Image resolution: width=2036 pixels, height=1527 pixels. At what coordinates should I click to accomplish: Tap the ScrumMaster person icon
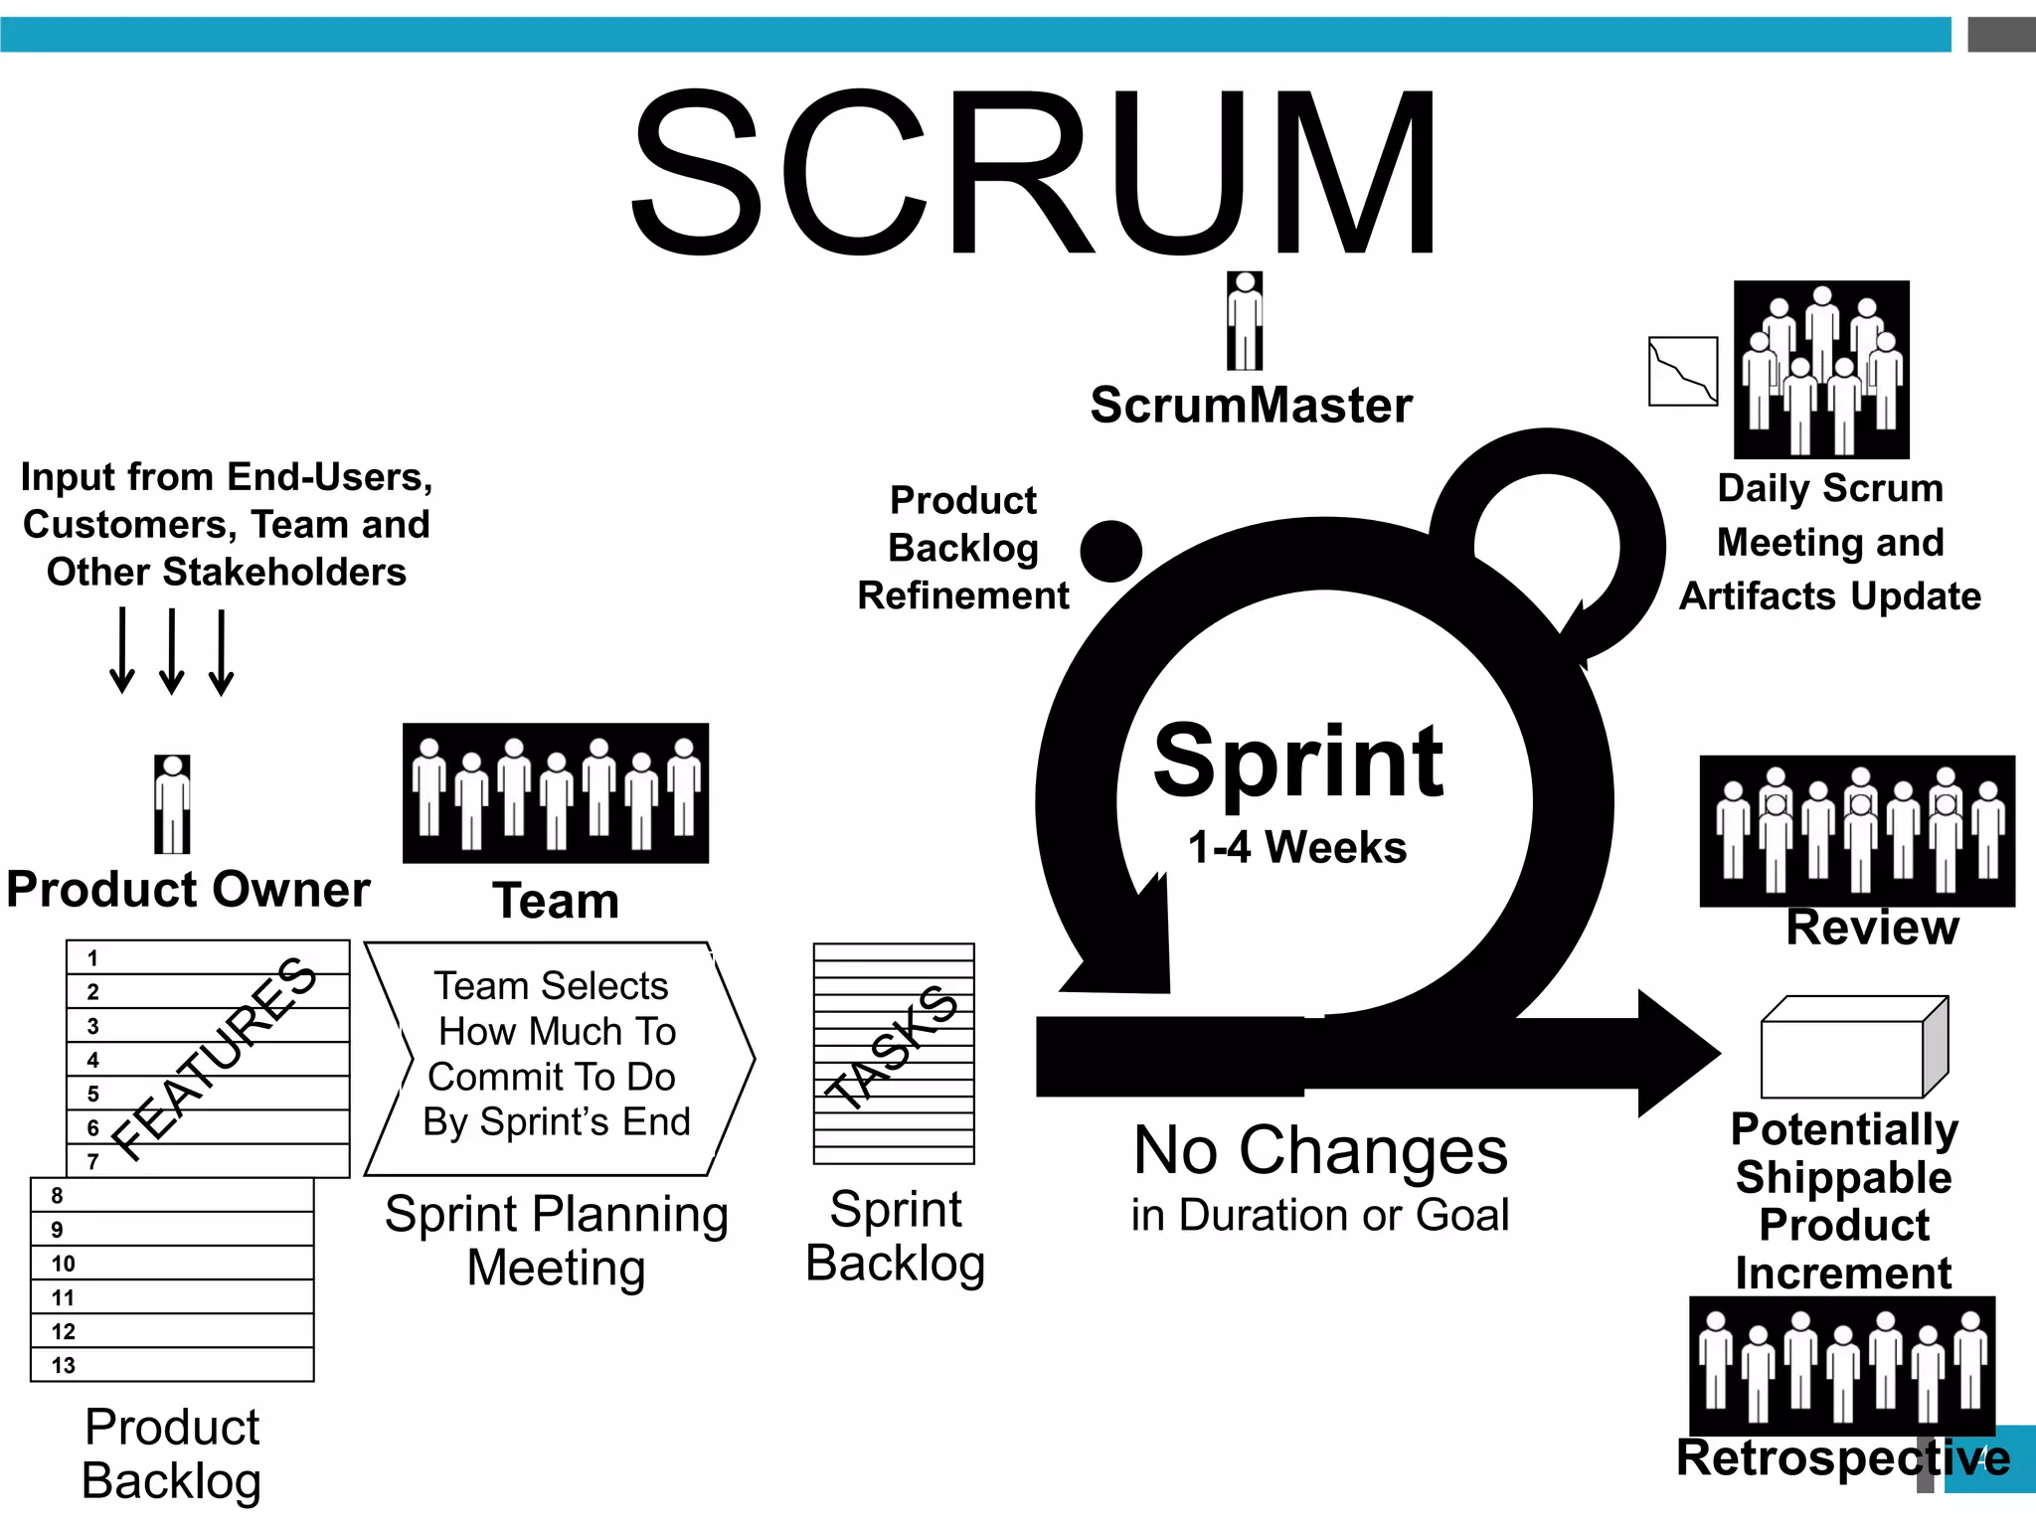point(1244,320)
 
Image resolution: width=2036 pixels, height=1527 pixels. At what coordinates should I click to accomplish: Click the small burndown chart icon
point(1682,371)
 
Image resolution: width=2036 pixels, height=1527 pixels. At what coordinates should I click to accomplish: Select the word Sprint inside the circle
point(1297,763)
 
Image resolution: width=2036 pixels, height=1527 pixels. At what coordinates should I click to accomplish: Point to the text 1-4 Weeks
point(1297,848)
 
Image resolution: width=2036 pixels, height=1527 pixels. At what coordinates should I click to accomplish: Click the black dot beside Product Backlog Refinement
point(1110,551)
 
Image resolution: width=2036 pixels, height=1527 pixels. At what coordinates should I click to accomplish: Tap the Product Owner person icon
point(172,803)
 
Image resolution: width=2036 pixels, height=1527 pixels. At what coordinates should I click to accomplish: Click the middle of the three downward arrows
point(172,651)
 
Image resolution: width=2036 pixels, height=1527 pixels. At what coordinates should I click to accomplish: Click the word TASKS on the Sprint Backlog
point(893,1047)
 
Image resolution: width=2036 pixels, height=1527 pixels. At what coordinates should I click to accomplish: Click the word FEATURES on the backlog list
point(214,1059)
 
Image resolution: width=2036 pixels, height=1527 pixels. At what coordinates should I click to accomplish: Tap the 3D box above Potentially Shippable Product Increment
point(1853,1048)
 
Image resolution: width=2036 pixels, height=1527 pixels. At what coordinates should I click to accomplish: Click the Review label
point(1872,928)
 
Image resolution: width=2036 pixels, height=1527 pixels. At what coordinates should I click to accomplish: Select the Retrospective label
point(1842,1458)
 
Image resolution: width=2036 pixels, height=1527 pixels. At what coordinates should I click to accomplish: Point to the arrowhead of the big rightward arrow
point(1678,1054)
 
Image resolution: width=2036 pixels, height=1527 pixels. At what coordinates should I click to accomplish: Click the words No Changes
point(1320,1151)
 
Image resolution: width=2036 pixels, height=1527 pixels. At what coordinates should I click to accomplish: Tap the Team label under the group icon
point(556,901)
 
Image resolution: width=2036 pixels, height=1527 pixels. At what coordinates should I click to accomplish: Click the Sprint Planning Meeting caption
point(556,1241)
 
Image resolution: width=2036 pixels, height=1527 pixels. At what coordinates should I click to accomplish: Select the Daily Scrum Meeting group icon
point(1820,369)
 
